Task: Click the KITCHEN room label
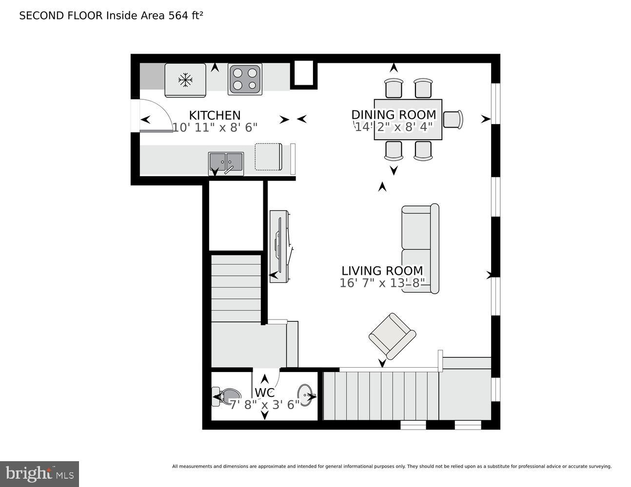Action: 215,115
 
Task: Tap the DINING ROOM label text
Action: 394,115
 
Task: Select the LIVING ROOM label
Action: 382,271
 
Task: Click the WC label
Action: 265,393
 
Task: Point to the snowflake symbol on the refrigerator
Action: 185,80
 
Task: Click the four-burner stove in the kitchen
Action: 245,79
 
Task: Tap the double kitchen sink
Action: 226,163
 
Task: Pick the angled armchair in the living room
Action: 392,337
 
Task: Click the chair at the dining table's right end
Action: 453,119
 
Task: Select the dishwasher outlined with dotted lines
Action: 268,156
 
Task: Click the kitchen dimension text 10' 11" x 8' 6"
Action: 215,128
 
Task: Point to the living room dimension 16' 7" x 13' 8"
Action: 382,283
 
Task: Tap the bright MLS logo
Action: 39,474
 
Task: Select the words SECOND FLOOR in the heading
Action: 61,16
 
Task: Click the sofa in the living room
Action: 420,249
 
